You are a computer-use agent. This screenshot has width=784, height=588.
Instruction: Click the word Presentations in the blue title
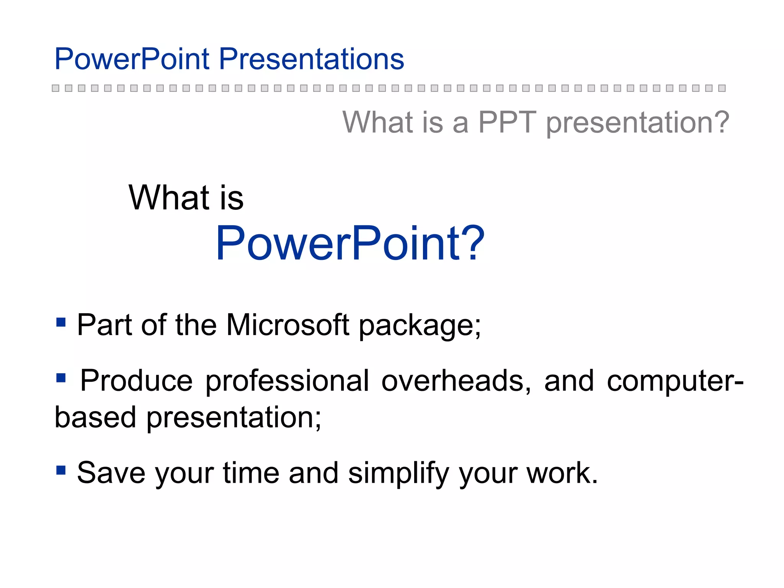pos(311,59)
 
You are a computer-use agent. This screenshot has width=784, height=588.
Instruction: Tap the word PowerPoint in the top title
pos(132,59)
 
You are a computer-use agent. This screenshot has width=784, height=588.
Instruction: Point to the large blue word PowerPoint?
pos(350,243)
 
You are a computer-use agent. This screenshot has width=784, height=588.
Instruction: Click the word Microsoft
pos(287,325)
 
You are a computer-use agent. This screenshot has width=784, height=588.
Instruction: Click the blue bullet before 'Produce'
pos(61,378)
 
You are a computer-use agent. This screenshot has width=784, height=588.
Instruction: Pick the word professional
pos(287,381)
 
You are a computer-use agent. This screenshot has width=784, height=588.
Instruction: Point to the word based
pos(95,417)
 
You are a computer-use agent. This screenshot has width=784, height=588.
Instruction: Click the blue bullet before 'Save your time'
pos(61,470)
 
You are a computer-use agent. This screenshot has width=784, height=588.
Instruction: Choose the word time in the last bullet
pos(251,473)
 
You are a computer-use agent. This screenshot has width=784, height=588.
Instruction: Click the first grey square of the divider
pos(56,88)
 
